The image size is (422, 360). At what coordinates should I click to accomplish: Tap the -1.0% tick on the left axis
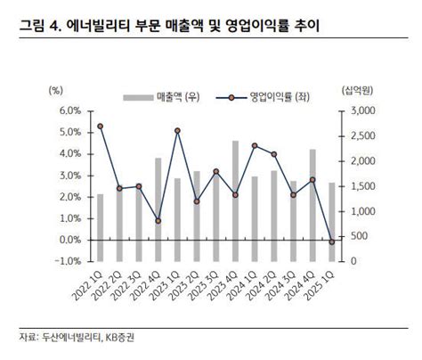(67, 261)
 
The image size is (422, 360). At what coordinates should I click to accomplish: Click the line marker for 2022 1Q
(100, 127)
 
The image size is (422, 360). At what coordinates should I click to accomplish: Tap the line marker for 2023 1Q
(178, 131)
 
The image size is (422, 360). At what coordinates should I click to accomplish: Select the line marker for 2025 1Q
(333, 241)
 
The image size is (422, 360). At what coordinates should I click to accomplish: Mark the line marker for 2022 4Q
(158, 221)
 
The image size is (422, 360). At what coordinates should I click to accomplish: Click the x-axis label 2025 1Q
(326, 282)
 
